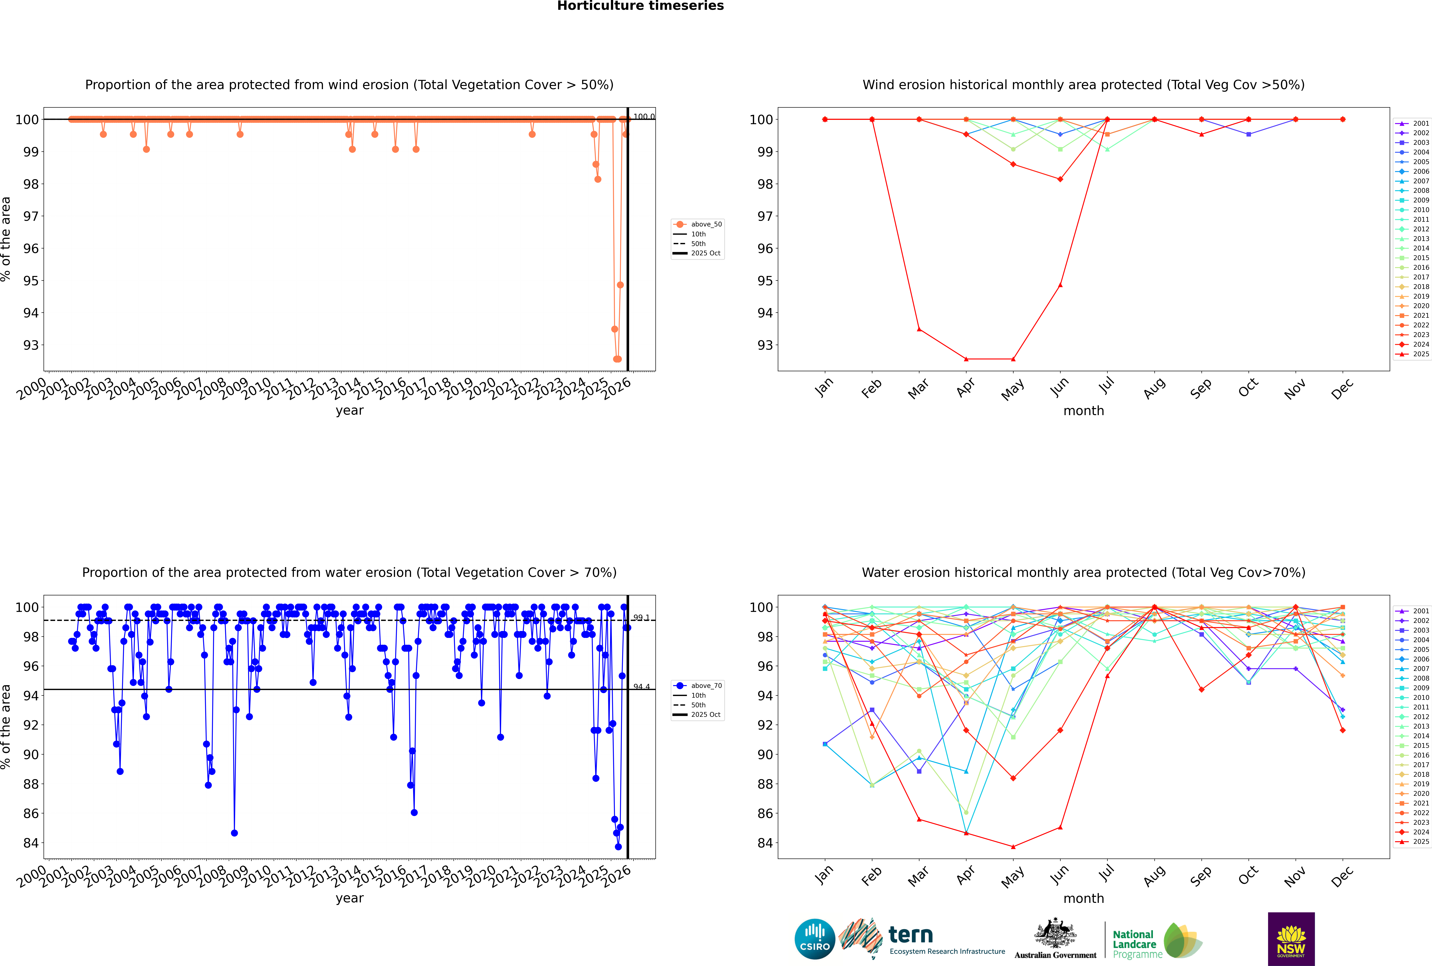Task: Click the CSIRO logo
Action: [x=814, y=939]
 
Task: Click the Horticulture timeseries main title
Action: [x=640, y=6]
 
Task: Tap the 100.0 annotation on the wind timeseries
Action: [x=644, y=117]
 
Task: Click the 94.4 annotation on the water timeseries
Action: [x=642, y=686]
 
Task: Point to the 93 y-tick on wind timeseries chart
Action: [x=31, y=345]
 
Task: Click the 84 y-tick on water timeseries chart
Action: [x=31, y=843]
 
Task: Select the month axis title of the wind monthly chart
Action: [x=1084, y=411]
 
